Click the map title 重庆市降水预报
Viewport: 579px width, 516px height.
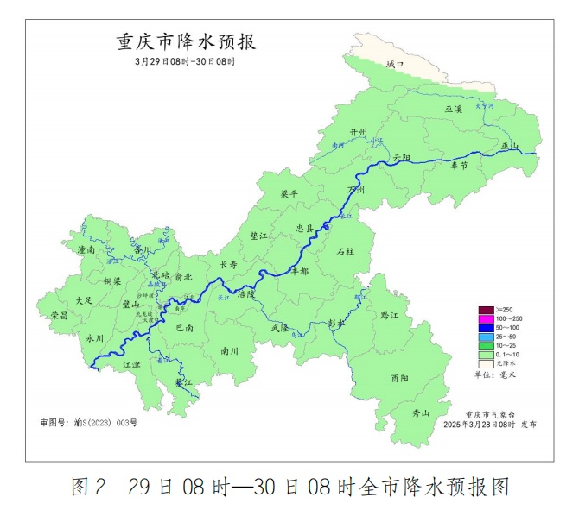186,42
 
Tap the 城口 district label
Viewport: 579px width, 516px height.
394,65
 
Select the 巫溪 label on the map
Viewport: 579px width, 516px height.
454,110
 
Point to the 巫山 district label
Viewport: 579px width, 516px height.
508,147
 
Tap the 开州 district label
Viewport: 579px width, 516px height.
358,131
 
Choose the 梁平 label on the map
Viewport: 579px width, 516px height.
289,194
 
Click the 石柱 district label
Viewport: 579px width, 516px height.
345,251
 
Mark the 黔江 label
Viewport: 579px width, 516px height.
389,317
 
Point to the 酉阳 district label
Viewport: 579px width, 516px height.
399,378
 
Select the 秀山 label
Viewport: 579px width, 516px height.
420,413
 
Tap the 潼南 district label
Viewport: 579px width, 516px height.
86,249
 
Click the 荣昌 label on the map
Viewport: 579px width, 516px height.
59,315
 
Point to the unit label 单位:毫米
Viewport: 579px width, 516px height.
495,374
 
